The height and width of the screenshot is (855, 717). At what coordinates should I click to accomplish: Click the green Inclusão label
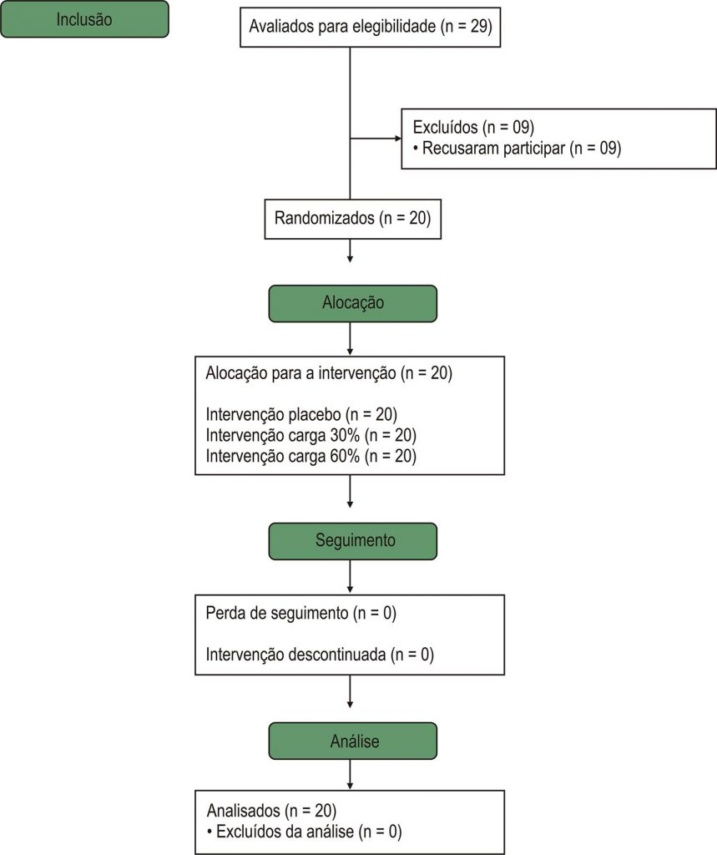click(x=84, y=19)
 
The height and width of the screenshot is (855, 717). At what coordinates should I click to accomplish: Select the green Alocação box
click(x=353, y=303)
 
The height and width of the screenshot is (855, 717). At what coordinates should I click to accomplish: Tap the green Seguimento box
click(x=353, y=541)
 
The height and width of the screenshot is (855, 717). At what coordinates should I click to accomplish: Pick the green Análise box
click(x=353, y=741)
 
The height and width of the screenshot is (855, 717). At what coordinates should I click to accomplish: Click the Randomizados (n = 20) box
click(x=353, y=219)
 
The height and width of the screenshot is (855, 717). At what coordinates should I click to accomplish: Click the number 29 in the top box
click(x=477, y=26)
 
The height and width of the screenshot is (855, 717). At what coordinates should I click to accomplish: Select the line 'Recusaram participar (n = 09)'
click(x=522, y=149)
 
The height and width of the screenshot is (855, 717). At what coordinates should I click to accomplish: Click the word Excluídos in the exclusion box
click(x=446, y=127)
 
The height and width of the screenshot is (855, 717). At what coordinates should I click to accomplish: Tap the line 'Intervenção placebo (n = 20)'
click(x=301, y=414)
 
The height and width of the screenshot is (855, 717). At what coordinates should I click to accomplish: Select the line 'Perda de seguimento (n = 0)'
click(x=301, y=614)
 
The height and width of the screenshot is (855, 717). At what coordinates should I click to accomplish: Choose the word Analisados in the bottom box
click(x=244, y=811)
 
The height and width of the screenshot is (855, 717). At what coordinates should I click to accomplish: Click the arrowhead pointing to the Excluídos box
click(x=398, y=139)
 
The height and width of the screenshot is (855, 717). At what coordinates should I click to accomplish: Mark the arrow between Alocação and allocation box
click(x=350, y=339)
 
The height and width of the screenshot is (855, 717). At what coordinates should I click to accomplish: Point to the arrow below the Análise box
click(x=350, y=774)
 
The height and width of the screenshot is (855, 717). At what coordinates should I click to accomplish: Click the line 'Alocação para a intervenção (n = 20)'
click(x=329, y=373)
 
